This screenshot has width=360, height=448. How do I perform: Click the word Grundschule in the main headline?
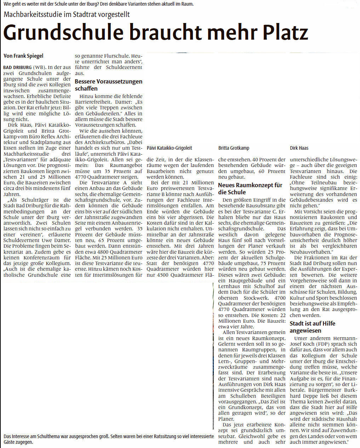click(x=64, y=33)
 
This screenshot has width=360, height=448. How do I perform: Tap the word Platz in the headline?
click(x=285, y=33)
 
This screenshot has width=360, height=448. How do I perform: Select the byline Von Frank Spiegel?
click(x=23, y=56)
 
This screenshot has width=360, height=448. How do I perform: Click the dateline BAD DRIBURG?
click(x=17, y=67)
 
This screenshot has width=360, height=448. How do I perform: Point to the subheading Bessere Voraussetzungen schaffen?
click(x=108, y=85)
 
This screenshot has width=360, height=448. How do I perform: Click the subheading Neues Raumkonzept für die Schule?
click(x=250, y=189)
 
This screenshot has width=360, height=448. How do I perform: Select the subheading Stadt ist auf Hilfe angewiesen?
click(x=312, y=327)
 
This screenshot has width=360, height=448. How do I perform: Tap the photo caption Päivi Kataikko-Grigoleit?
click(x=169, y=148)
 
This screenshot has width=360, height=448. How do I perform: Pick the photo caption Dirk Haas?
click(x=299, y=148)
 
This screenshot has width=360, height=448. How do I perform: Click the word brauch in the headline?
click(x=161, y=33)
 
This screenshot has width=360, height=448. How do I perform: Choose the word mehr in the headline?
click(x=232, y=33)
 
